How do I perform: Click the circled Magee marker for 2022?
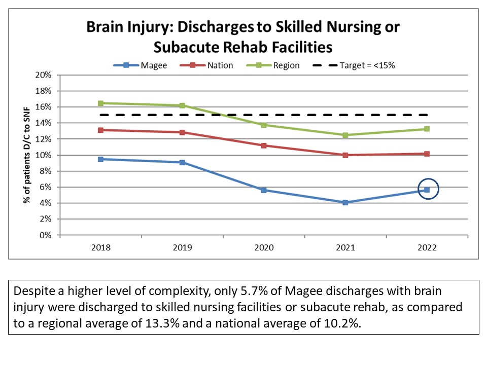pyautogui.click(x=427, y=190)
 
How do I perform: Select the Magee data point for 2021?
pyautogui.click(x=345, y=202)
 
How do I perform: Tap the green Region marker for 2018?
pyautogui.click(x=101, y=103)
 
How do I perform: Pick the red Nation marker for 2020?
pyautogui.click(x=264, y=145)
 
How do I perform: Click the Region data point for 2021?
pyautogui.click(x=345, y=135)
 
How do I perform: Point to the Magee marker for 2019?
pyautogui.click(x=182, y=162)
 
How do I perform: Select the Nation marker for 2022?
pyautogui.click(x=427, y=154)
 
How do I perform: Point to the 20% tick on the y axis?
pyautogui.click(x=43, y=75)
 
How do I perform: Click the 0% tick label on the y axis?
pyautogui.click(x=45, y=235)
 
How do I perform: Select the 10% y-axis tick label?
pyautogui.click(x=43, y=155)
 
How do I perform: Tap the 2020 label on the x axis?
pyautogui.click(x=264, y=248)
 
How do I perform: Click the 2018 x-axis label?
pyautogui.click(x=101, y=248)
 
